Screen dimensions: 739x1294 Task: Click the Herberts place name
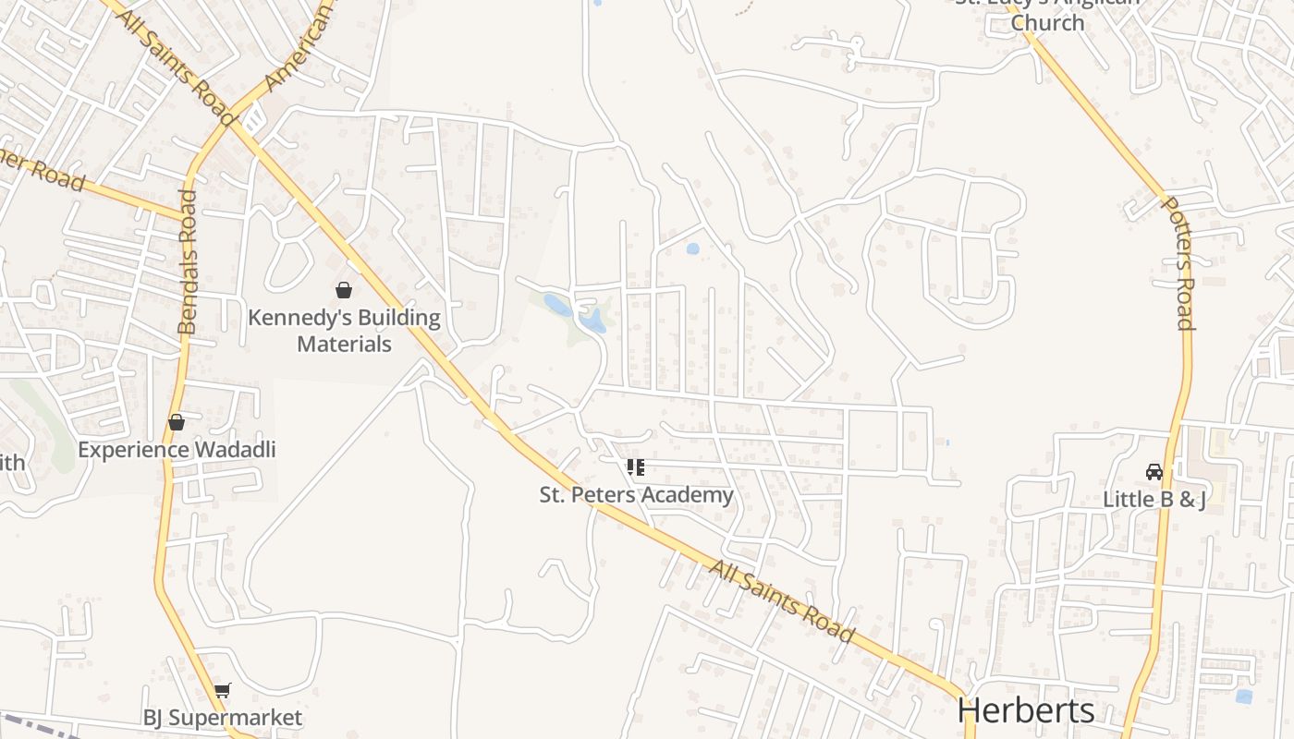(1026, 710)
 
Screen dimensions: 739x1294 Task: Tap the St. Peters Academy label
(636, 495)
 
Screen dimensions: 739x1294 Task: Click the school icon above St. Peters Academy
(635, 467)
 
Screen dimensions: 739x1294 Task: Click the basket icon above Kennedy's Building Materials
(344, 290)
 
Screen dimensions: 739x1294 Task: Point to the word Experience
(134, 450)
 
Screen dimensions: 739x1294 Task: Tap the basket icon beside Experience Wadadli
(176, 422)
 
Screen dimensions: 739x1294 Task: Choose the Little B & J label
(1154, 500)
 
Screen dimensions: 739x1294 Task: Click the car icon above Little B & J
(1154, 472)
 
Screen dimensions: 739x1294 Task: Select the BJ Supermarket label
(222, 718)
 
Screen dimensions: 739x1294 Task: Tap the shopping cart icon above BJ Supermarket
(222, 690)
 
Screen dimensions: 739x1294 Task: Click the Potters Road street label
(1179, 263)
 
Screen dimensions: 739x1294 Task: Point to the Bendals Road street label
(188, 262)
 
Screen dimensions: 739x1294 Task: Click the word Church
(1047, 22)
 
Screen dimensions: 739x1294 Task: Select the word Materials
(344, 345)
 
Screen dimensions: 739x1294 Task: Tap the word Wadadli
(235, 450)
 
